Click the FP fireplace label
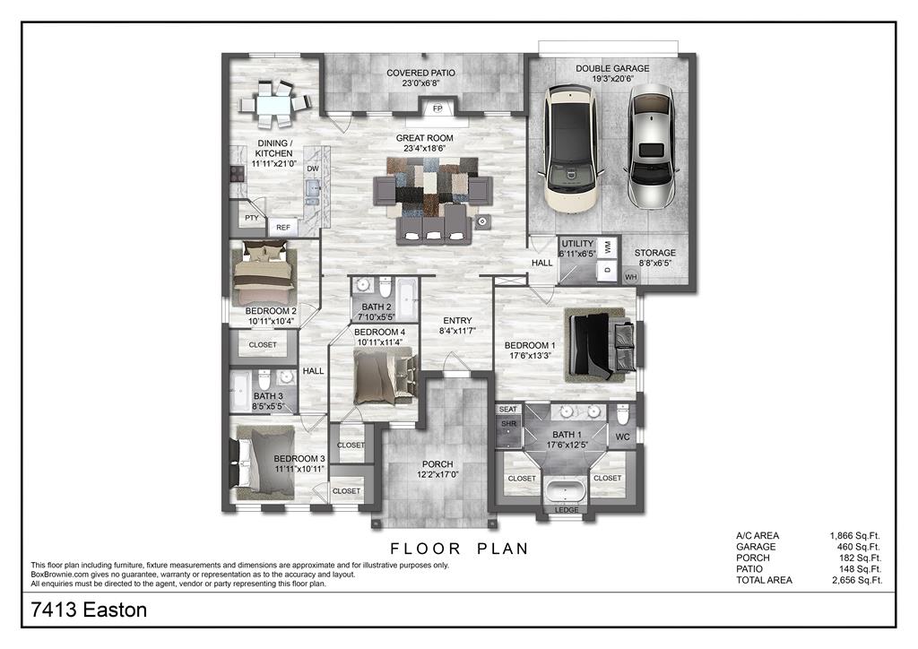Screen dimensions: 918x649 tap(437, 108)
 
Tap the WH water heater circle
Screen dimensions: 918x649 tap(630, 277)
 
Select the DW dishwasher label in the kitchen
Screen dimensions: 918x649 tap(313, 169)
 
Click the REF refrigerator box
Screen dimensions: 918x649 tap(283, 227)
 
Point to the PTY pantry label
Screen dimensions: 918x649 tap(252, 218)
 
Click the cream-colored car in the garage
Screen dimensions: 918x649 tap(571, 148)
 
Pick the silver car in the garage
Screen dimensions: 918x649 tap(651, 146)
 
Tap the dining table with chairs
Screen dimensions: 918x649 tap(275, 105)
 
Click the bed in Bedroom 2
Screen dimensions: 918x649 tap(264, 272)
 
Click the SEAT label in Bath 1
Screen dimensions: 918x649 tap(508, 409)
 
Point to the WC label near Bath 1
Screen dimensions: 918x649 tap(622, 437)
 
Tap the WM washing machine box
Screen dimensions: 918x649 tap(608, 247)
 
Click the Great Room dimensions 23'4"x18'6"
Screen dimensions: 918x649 tap(424, 149)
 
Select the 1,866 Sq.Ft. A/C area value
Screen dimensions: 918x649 tap(854, 535)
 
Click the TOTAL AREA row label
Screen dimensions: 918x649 tap(764, 580)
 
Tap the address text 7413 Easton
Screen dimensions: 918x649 tap(89, 610)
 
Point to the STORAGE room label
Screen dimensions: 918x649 tap(655, 253)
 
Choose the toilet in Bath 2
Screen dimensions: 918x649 tap(385, 288)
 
